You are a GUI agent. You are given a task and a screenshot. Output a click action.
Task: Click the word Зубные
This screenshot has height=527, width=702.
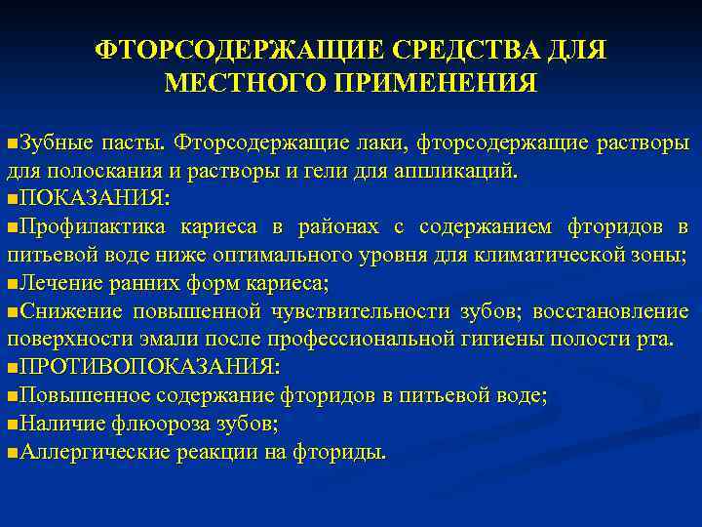click(x=55, y=142)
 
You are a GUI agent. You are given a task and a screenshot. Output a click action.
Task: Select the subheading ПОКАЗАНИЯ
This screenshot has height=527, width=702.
click(x=94, y=199)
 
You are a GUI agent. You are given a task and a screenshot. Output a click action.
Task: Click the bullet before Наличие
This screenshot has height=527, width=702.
click(x=11, y=426)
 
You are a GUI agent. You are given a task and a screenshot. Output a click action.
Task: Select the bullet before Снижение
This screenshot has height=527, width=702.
click(x=11, y=312)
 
